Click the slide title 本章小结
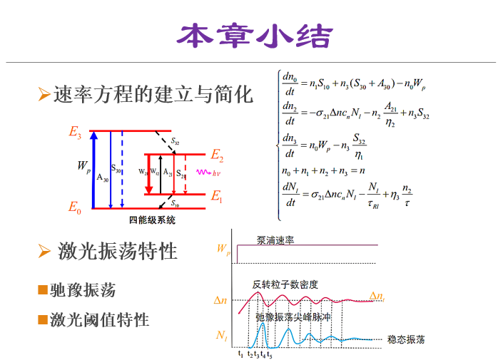254,36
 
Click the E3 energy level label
75,132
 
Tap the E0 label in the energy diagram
75,207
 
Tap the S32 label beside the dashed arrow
176,142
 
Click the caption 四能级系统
152,220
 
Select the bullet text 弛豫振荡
83,290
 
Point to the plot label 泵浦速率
275,240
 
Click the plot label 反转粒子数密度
285,284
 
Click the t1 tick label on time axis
240,354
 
